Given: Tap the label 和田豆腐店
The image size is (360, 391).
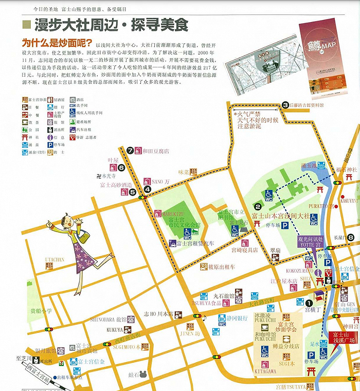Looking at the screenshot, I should [x=156, y=151].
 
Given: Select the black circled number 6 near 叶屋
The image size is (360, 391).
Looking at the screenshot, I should [x=121, y=167].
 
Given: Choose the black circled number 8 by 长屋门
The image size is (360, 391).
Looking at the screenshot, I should [x=350, y=237].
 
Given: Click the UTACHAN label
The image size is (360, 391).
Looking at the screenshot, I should [x=55, y=260].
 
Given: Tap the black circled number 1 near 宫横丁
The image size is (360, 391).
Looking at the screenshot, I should [x=309, y=303].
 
